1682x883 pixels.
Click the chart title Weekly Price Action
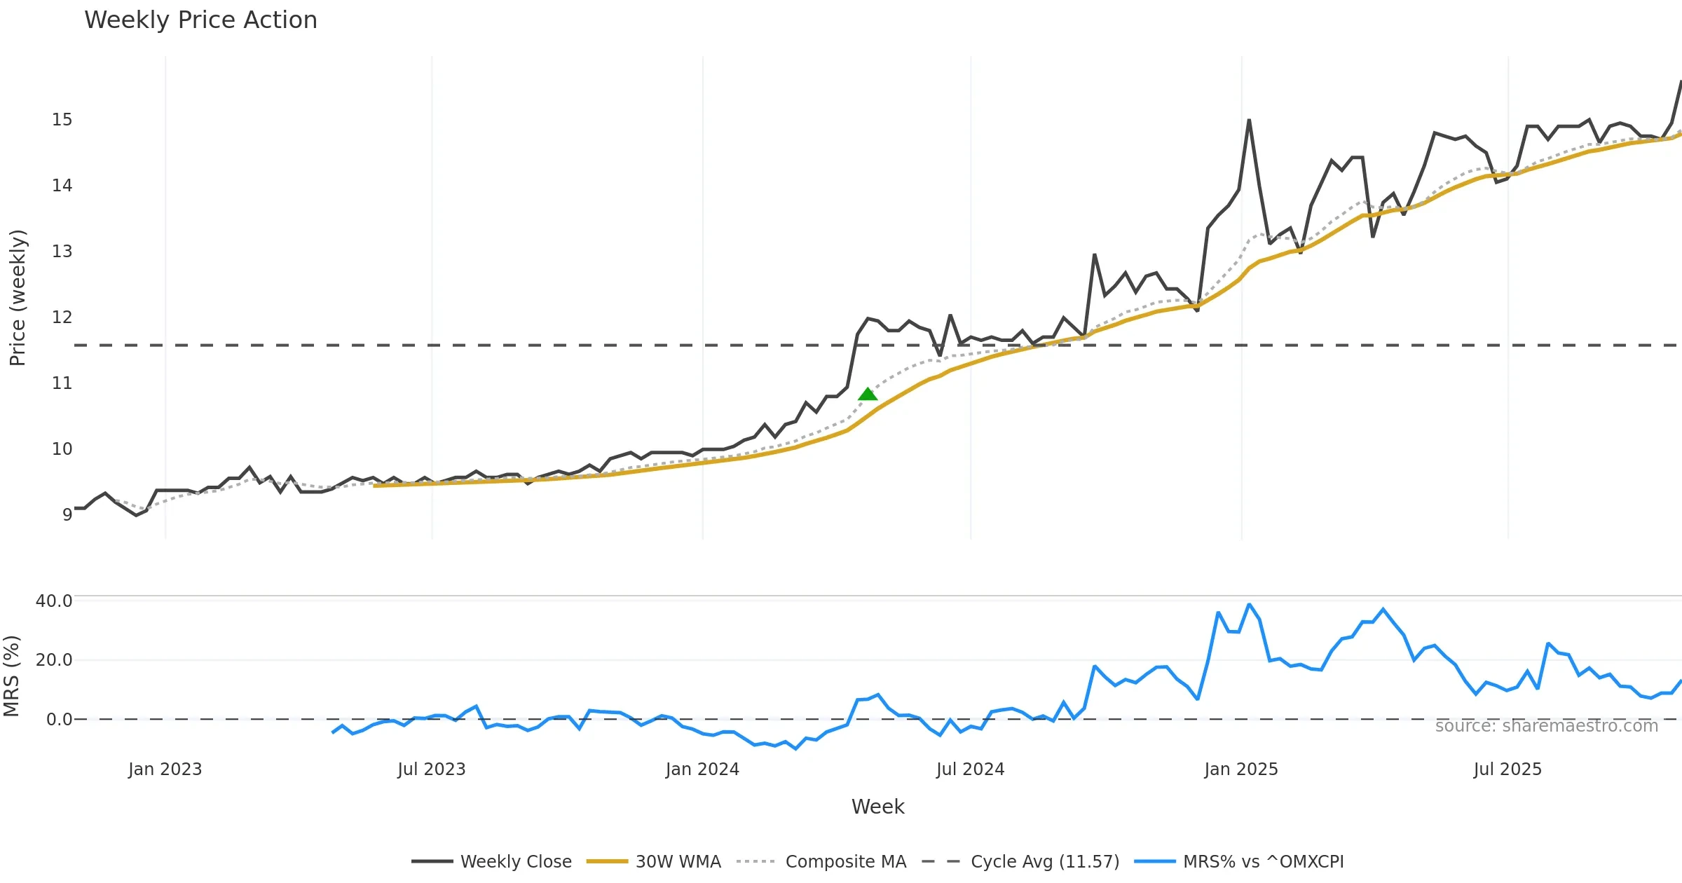click(x=200, y=20)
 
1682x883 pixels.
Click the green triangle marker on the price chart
click(x=868, y=395)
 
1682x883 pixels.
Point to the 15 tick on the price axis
click(x=62, y=120)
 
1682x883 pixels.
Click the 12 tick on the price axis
click(x=62, y=317)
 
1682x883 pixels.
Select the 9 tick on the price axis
click(x=67, y=515)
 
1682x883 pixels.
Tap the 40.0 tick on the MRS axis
click(x=54, y=601)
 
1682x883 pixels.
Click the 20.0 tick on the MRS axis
click(x=54, y=660)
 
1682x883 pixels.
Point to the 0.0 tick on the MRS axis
click(x=59, y=720)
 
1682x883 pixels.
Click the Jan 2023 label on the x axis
click(x=165, y=769)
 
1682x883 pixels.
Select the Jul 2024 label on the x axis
click(x=970, y=769)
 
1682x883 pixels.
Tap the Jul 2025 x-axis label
click(x=1507, y=769)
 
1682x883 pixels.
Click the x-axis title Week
click(x=877, y=807)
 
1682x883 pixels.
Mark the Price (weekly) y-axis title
click(x=18, y=298)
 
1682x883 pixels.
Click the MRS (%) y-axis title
click(x=11, y=676)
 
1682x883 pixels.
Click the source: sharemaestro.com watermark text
click(x=1546, y=726)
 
